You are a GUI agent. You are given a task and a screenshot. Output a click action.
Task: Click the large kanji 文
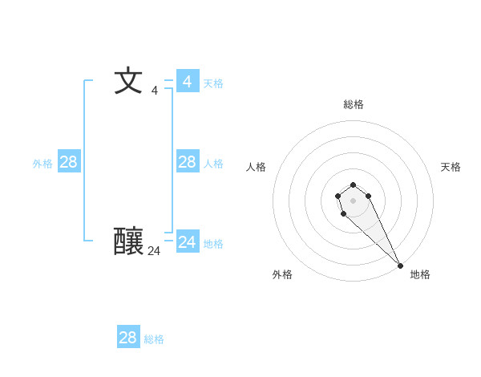pos(128,81)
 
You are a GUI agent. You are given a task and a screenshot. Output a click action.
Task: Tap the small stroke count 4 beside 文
pos(155,91)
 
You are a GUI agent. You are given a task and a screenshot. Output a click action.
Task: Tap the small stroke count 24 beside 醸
pos(154,251)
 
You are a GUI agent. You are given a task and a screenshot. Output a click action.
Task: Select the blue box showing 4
pos(188,81)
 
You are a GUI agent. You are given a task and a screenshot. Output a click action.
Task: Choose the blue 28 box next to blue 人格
pos(188,161)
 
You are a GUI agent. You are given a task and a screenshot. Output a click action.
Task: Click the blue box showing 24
pos(188,241)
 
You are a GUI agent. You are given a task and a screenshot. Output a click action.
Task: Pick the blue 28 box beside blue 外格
pos(69,161)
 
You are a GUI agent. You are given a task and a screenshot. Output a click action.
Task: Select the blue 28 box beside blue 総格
pos(128,337)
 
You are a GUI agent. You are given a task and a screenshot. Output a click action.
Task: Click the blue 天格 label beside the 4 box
pos(213,83)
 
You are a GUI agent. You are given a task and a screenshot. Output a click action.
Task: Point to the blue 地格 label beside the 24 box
pos(213,244)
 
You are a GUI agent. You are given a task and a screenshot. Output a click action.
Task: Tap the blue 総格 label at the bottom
pos(154,339)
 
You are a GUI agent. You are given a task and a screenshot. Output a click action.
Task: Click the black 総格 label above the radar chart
pos(354,104)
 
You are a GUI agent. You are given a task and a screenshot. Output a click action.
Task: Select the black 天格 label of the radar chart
pos(451,167)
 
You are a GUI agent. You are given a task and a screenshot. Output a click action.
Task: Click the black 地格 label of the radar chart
pos(420,274)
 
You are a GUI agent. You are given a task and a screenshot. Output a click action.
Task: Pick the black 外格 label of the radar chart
pos(282,274)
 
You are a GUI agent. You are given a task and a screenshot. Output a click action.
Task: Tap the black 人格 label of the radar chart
pos(257,167)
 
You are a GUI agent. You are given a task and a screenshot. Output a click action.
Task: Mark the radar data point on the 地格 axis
pos(400,266)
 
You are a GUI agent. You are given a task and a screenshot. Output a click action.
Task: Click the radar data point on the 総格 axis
pos(354,184)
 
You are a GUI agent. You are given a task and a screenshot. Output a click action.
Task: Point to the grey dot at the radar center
pos(354,200)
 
